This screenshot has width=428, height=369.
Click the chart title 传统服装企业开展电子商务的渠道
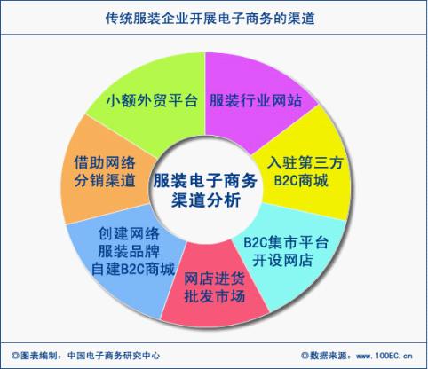[x=210, y=19]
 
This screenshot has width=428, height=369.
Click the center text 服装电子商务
[x=205, y=180]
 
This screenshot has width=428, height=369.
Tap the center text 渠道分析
[x=206, y=200]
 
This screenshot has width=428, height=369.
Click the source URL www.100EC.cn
[x=384, y=356]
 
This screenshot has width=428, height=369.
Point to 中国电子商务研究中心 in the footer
[x=114, y=356]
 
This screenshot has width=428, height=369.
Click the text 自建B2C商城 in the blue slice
[x=133, y=270]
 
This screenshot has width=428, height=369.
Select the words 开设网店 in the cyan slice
[x=282, y=261]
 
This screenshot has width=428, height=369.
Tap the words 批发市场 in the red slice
[x=215, y=296]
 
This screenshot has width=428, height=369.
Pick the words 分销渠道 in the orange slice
[x=105, y=180]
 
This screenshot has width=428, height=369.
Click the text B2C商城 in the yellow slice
[x=301, y=180]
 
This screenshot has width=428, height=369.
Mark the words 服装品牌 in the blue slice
[x=129, y=251]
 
